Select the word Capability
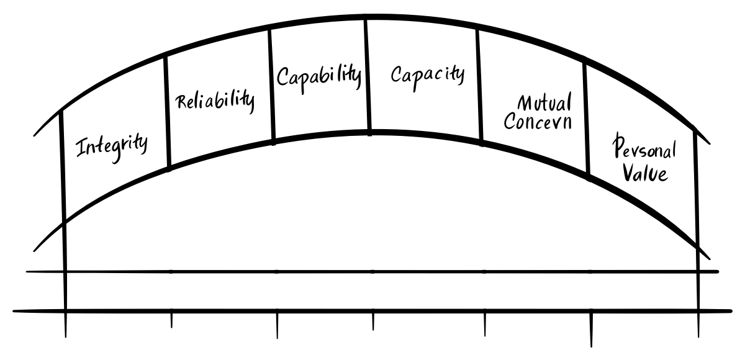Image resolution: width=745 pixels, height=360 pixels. [x=318, y=76]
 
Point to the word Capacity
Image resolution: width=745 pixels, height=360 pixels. [x=427, y=74]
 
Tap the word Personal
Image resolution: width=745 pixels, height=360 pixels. [x=644, y=148]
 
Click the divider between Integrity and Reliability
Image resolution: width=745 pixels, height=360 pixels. [x=167, y=112]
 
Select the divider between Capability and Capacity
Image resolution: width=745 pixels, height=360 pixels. [x=368, y=74]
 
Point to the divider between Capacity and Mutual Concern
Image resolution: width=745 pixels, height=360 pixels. [x=480, y=87]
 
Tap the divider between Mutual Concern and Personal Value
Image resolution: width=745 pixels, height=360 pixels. [x=586, y=118]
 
